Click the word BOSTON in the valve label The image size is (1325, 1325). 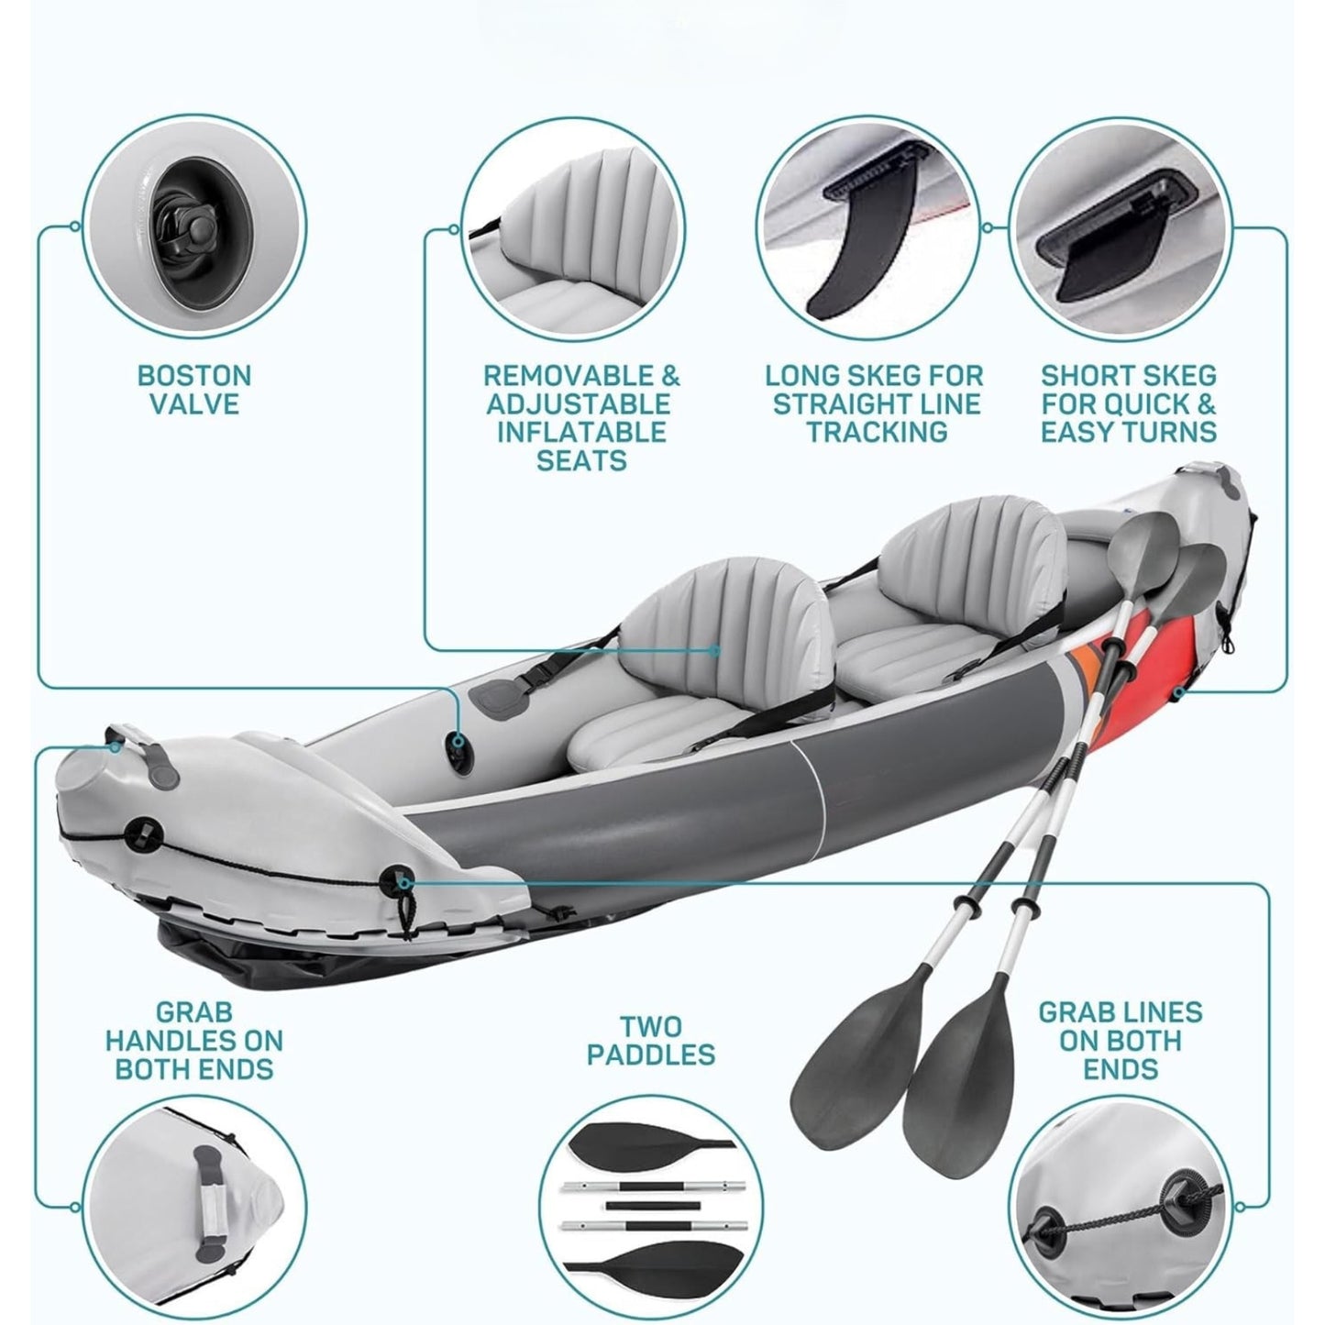(193, 375)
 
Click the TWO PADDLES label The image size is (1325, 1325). (651, 1041)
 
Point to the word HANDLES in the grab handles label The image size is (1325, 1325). (193, 1041)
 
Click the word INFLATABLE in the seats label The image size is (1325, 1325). (580, 432)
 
